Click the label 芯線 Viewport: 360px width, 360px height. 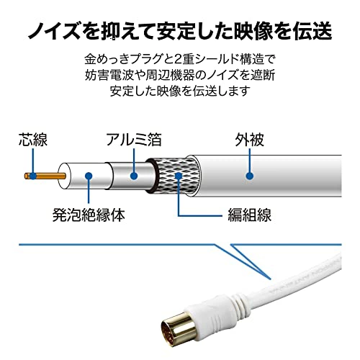pyautogui.click(x=33, y=140)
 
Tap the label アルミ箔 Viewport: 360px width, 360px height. pyautogui.click(x=134, y=140)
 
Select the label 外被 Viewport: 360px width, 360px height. pyautogui.click(x=250, y=140)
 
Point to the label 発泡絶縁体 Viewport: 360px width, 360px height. pyautogui.click(x=89, y=215)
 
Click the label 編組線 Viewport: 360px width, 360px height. pyautogui.click(x=250, y=215)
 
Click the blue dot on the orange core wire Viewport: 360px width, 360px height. pyautogui.click(x=33, y=176)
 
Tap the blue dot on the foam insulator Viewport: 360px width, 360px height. pyautogui.click(x=89, y=176)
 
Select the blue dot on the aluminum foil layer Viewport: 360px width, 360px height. pyautogui.click(x=134, y=176)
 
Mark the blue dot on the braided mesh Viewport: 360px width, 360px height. pyautogui.click(x=179, y=176)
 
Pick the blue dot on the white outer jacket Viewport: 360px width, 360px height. pyautogui.click(x=250, y=176)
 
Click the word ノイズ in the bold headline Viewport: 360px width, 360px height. pyautogui.click(x=53, y=31)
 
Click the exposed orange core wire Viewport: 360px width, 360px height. pyautogui.click(x=45, y=176)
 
